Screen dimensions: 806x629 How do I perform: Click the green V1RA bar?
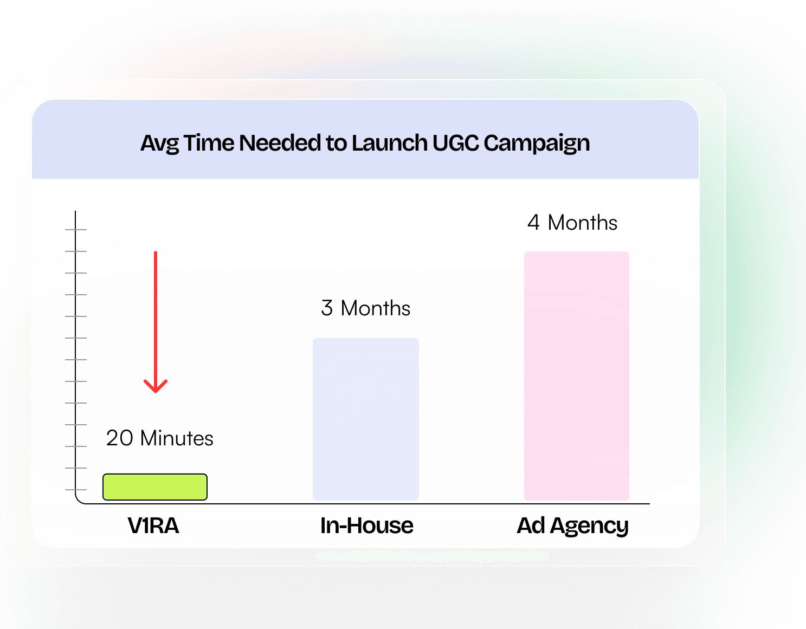click(155, 487)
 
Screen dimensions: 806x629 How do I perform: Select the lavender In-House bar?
click(366, 419)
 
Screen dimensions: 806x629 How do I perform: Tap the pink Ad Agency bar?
click(576, 376)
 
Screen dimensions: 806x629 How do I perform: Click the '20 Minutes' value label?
click(159, 438)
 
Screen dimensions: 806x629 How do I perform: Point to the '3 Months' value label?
click(366, 308)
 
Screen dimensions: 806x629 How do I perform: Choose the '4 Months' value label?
click(572, 222)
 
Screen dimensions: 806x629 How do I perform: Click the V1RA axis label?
click(153, 525)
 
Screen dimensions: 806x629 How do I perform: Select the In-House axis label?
click(366, 525)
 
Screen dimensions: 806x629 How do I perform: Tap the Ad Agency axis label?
click(573, 526)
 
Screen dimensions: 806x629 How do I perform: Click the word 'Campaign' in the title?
click(537, 144)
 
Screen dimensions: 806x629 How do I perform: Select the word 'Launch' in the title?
click(389, 142)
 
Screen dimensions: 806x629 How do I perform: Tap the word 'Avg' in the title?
click(159, 144)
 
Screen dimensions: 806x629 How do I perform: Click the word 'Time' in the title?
click(209, 142)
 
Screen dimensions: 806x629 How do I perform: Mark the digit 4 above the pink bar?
click(533, 222)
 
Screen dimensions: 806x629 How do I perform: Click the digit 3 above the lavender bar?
click(327, 308)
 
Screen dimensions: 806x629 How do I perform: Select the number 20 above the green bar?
click(119, 438)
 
